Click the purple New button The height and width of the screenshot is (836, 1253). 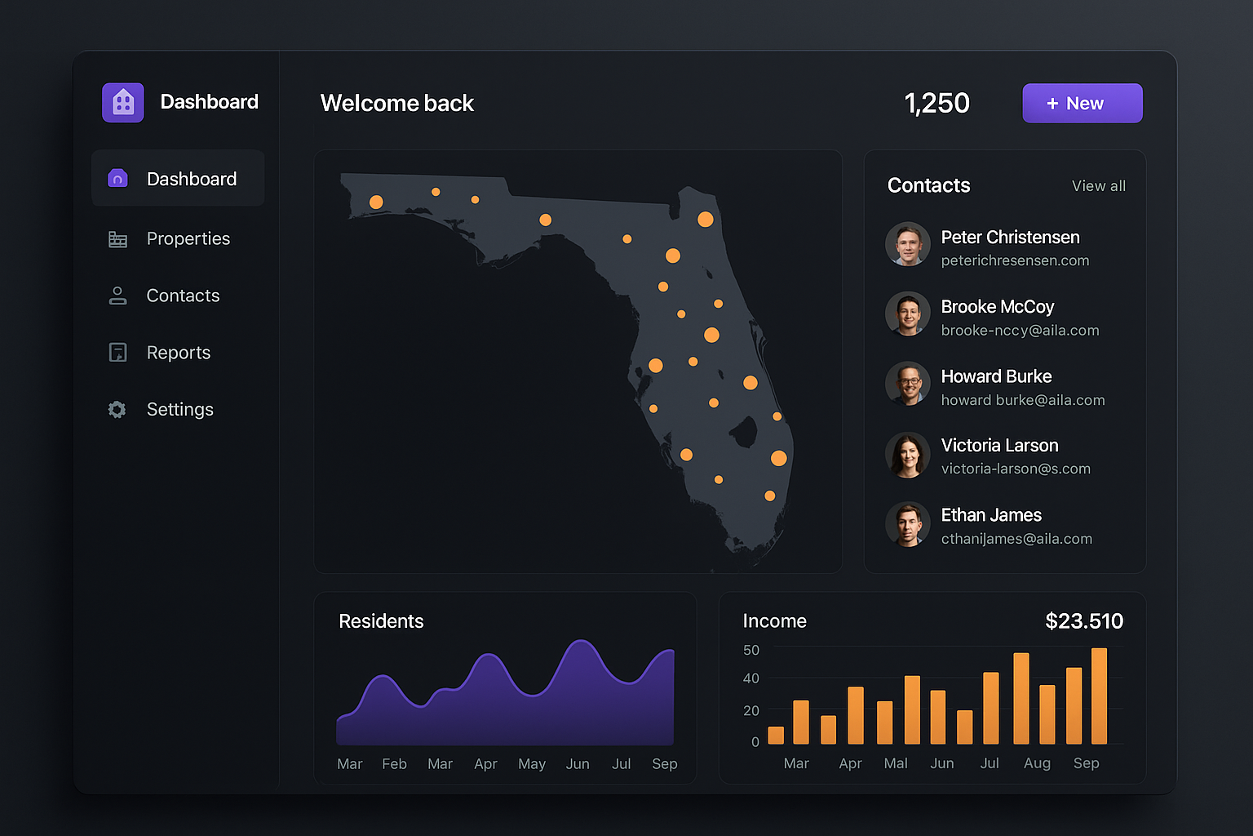pos(1082,104)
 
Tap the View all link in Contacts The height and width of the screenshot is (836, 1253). pos(1098,186)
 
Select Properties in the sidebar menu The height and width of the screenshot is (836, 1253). pos(188,239)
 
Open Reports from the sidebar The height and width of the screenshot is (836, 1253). pos(178,353)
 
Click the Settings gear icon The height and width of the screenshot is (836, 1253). pos(117,410)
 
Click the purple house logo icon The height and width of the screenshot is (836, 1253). pos(123,103)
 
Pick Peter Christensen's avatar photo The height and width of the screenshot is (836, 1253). pos(908,244)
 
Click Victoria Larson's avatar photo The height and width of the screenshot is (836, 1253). pos(908,455)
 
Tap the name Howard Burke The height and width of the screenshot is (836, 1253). pos(996,376)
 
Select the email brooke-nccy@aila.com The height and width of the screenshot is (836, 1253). pos(1020,331)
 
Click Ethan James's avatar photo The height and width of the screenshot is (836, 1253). pos(908,524)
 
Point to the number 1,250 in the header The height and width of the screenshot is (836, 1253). pos(936,104)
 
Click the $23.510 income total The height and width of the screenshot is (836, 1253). pos(1084,621)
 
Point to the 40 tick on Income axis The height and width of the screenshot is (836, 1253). pos(751,678)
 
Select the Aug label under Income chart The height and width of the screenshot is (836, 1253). pos(1037,763)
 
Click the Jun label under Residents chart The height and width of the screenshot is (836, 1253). pos(578,764)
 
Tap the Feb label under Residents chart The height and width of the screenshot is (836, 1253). pos(394,764)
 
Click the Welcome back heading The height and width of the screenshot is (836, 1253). pos(397,104)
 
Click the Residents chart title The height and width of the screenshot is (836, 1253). pos(381,621)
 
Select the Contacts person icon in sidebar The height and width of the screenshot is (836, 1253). pos(117,296)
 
